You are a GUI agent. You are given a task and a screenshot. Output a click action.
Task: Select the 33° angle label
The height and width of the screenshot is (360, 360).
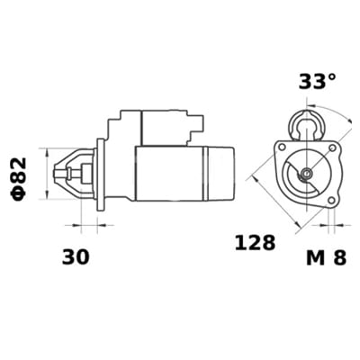click(x=317, y=81)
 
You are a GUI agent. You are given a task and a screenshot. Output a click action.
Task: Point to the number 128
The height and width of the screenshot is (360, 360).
click(x=254, y=244)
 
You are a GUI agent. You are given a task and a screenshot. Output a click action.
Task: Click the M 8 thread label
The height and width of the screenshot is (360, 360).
click(x=325, y=257)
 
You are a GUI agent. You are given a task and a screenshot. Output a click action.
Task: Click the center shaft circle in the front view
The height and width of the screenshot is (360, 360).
click(x=306, y=173)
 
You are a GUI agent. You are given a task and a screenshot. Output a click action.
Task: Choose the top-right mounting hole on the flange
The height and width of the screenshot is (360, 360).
click(x=335, y=146)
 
